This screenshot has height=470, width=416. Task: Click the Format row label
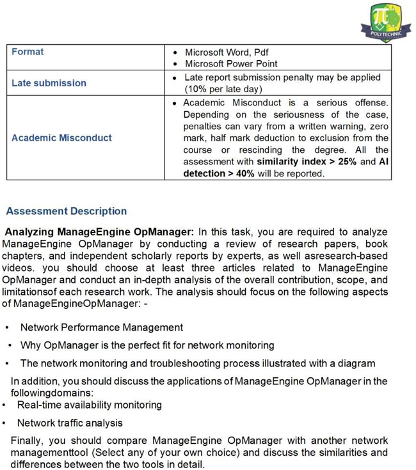(x=28, y=51)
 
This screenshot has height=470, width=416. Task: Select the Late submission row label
(x=49, y=82)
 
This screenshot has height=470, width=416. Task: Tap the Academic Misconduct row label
(x=61, y=137)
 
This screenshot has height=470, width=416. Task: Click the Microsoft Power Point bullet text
(x=231, y=63)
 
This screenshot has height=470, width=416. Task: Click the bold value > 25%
(x=342, y=161)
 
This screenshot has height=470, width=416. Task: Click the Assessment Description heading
(x=66, y=211)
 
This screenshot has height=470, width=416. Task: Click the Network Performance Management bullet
(x=101, y=327)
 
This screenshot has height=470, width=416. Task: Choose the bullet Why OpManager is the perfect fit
(x=147, y=345)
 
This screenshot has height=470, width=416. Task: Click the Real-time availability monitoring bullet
(x=90, y=405)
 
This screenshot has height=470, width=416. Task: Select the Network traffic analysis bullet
(x=70, y=423)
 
